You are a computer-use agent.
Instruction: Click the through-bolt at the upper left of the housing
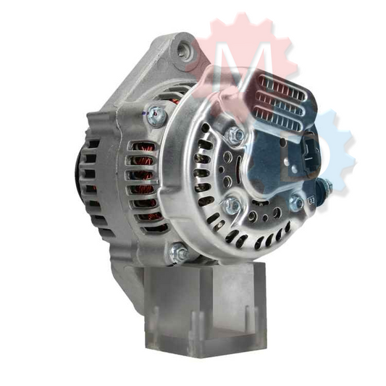click(x=154, y=113)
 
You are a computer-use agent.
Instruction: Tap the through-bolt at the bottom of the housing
click(x=178, y=253)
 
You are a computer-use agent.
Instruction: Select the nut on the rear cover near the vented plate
click(x=235, y=135)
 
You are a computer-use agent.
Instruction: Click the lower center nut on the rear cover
click(x=232, y=205)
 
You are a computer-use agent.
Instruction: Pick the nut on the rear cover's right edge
click(x=296, y=203)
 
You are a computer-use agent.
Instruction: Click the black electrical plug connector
click(x=309, y=153)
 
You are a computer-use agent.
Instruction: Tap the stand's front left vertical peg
click(x=155, y=319)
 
